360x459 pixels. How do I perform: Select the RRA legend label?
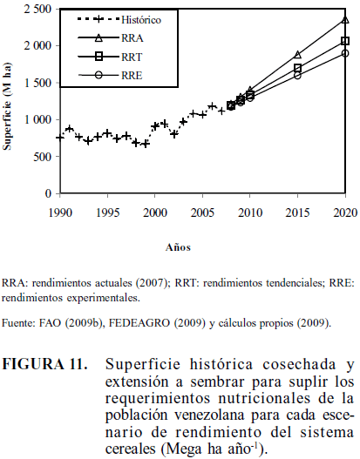click(x=132, y=38)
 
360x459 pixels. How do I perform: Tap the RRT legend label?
click(x=132, y=57)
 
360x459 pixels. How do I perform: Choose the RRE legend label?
click(x=132, y=76)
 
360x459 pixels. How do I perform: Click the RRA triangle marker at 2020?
click(x=345, y=20)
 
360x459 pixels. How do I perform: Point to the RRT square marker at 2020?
click(x=345, y=41)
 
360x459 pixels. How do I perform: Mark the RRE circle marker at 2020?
click(x=345, y=54)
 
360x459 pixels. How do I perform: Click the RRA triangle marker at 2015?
click(x=297, y=55)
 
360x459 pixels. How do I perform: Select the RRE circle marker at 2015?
click(x=297, y=75)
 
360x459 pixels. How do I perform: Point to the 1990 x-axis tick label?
click(x=60, y=213)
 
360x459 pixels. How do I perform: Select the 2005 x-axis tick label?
click(x=202, y=213)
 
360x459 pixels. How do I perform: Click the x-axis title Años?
click(x=178, y=247)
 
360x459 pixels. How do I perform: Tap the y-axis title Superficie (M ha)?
click(x=7, y=106)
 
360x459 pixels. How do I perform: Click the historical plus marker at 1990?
click(x=60, y=138)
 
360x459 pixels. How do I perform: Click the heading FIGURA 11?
click(x=45, y=365)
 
